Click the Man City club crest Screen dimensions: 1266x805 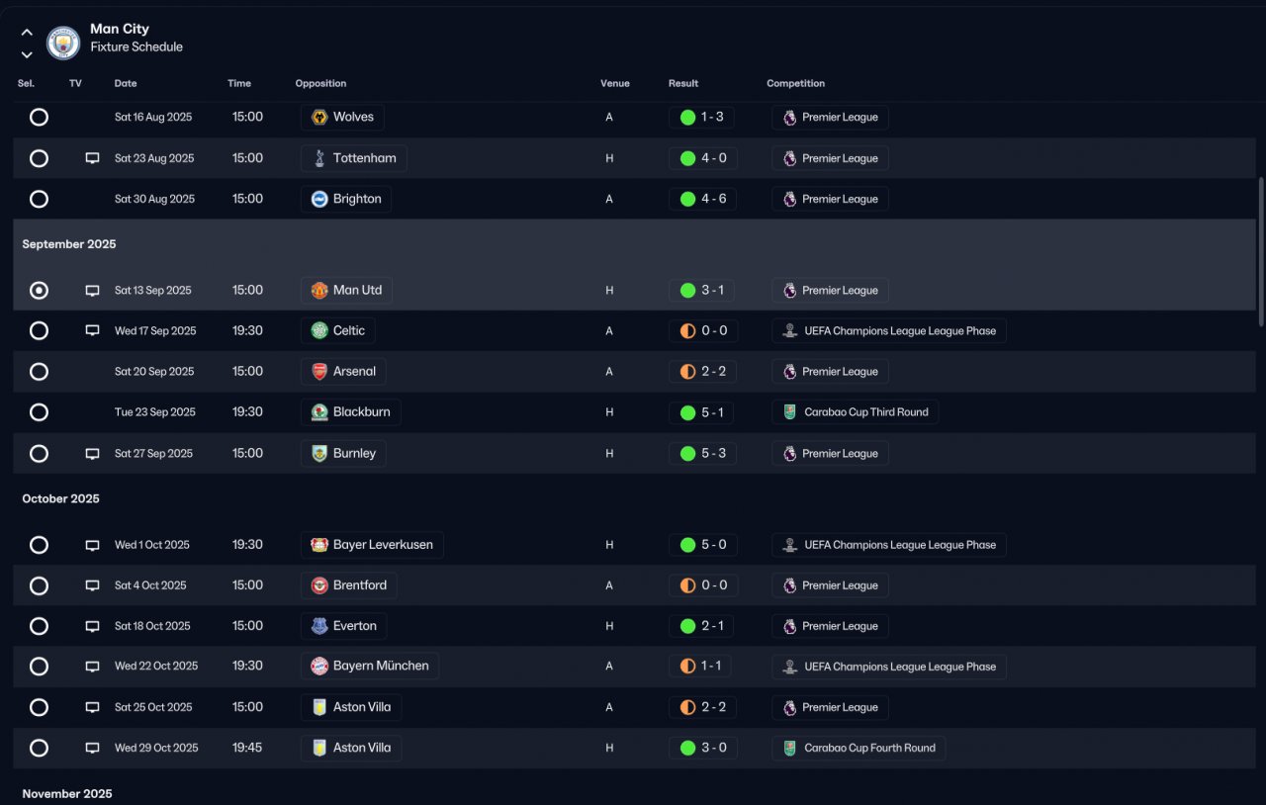point(62,43)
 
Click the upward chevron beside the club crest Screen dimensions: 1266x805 point(27,33)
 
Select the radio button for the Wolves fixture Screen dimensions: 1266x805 point(39,117)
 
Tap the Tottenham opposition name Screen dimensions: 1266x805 point(365,158)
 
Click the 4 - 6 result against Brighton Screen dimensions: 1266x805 point(713,199)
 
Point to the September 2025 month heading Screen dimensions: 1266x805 point(69,244)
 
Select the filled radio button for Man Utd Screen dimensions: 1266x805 point(39,291)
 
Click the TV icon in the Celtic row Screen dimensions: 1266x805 point(92,330)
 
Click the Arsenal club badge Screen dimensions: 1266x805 point(319,372)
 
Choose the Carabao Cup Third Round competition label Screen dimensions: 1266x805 point(865,412)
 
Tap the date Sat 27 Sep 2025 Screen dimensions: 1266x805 point(153,453)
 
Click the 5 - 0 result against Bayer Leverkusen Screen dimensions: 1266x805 point(713,545)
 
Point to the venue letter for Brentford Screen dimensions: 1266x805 point(609,585)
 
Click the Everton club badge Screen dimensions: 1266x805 point(319,626)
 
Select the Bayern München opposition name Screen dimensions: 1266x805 point(381,666)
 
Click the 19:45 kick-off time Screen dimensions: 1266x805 point(247,748)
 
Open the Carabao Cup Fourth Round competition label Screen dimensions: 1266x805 point(869,748)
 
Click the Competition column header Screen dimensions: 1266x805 point(796,83)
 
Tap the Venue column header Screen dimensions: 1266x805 point(615,83)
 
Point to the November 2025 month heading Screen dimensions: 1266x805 point(67,794)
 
